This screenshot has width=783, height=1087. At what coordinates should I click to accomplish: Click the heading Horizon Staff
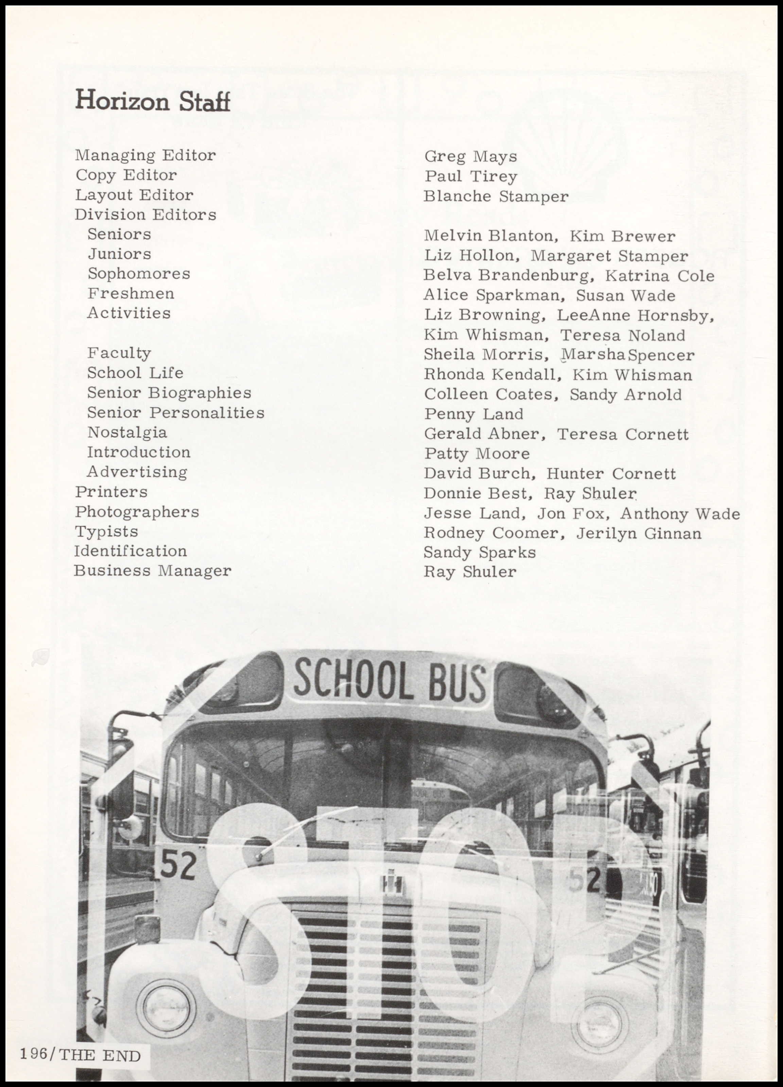(153, 101)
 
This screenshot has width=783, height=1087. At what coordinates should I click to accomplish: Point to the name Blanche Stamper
(496, 196)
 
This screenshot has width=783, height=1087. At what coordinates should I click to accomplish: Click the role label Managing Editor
(145, 155)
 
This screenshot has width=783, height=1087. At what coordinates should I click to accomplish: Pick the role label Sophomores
(139, 274)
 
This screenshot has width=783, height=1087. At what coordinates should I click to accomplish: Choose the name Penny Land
(473, 414)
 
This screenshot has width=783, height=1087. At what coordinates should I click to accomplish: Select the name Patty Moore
(476, 453)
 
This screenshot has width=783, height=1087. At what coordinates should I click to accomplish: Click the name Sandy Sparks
(479, 553)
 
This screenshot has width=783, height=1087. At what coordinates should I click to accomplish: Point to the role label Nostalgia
(127, 432)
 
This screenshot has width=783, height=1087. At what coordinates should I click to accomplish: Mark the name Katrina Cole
(659, 276)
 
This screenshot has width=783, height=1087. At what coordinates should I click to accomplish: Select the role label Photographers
(137, 512)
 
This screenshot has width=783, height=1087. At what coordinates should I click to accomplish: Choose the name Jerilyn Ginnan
(638, 533)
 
